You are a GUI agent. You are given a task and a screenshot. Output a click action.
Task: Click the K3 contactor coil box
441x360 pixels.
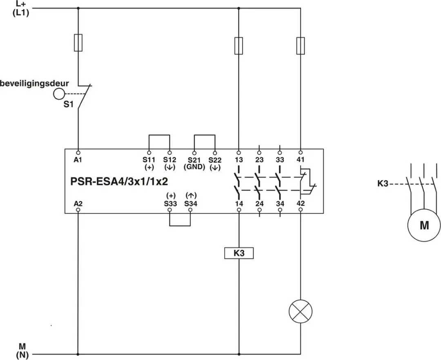tap(239, 253)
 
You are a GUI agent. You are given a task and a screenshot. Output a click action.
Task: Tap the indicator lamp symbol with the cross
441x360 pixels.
tap(301, 311)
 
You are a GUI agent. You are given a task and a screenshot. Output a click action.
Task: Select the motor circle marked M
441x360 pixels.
tap(424, 225)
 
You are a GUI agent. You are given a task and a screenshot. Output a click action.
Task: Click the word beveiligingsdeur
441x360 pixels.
tap(34, 84)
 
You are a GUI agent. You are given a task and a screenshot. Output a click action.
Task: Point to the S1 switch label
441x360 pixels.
tap(68, 104)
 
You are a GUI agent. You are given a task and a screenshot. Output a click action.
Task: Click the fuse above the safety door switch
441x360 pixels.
tap(78, 43)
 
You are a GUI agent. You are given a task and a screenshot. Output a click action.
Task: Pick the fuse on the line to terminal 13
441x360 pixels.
tap(239, 46)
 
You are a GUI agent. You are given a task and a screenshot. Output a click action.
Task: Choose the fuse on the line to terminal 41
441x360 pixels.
tap(301, 46)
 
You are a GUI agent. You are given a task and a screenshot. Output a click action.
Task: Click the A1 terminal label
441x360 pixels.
tap(78, 160)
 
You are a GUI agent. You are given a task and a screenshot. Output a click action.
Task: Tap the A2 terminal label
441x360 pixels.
tap(78, 203)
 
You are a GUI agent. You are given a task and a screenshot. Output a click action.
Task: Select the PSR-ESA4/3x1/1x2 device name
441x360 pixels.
tap(119, 182)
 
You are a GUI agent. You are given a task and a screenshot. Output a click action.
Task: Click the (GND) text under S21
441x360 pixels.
tap(194, 167)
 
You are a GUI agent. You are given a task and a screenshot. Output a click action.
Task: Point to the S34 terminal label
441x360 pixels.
tap(191, 203)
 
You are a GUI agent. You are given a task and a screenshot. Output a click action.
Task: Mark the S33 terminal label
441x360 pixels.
tap(170, 203)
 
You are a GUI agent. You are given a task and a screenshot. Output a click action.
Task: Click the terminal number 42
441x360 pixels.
tap(301, 203)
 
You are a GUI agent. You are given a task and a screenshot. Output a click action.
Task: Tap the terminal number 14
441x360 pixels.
tap(239, 203)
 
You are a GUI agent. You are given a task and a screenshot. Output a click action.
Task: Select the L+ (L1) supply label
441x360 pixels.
tap(21, 9)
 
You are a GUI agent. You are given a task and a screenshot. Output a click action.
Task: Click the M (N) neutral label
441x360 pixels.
tap(22, 351)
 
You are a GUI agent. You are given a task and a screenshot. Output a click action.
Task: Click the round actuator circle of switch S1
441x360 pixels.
tap(59, 94)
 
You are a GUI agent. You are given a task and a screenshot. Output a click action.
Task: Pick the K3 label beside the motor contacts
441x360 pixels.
tap(383, 184)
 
